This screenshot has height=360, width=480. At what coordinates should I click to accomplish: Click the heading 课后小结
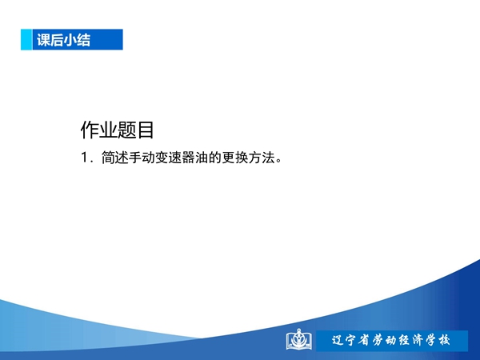[64, 40]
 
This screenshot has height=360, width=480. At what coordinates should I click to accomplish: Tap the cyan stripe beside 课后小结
[26, 39]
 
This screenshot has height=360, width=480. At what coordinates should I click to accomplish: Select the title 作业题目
[117, 130]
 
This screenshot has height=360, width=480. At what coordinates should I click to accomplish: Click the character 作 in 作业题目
[90, 130]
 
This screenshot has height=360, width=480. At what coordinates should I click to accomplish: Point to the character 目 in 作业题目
[145, 130]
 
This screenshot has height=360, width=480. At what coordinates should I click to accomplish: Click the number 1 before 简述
[85, 158]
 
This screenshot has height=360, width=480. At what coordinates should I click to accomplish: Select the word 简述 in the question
[114, 158]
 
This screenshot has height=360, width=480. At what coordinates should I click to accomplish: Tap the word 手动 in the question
[142, 158]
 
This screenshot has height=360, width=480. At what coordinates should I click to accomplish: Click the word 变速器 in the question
[174, 158]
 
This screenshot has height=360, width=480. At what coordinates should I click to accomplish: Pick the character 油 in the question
[202, 158]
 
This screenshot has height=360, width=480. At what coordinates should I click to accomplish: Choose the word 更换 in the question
[235, 158]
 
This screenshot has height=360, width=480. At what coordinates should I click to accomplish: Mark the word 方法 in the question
[262, 158]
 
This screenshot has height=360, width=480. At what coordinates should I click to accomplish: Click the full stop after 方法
[278, 161]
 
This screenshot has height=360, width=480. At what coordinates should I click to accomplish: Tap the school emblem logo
[299, 339]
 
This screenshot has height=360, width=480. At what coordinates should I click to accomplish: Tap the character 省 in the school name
[364, 340]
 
